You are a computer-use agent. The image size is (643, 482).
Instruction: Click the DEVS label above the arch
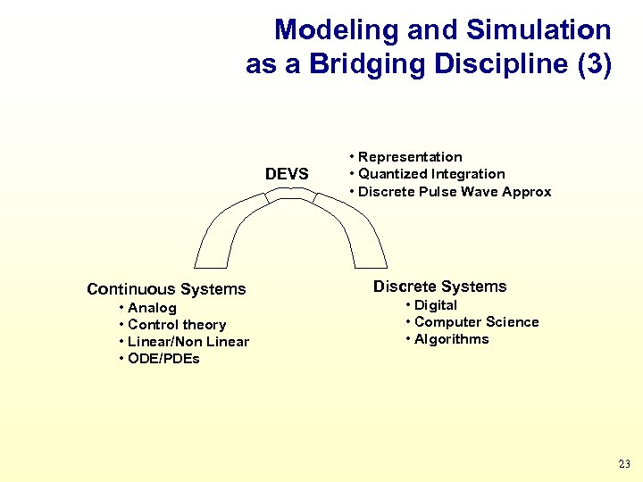[x=287, y=174]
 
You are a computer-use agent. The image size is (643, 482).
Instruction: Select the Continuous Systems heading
[x=166, y=289]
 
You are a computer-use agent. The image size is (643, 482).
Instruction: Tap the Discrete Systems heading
[x=439, y=287]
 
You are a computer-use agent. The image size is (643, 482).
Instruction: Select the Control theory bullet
[x=177, y=325]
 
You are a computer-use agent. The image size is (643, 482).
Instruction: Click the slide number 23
[x=623, y=464]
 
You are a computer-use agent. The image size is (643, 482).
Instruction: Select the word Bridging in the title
[x=344, y=65]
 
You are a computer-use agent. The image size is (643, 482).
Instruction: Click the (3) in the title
[x=593, y=65]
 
